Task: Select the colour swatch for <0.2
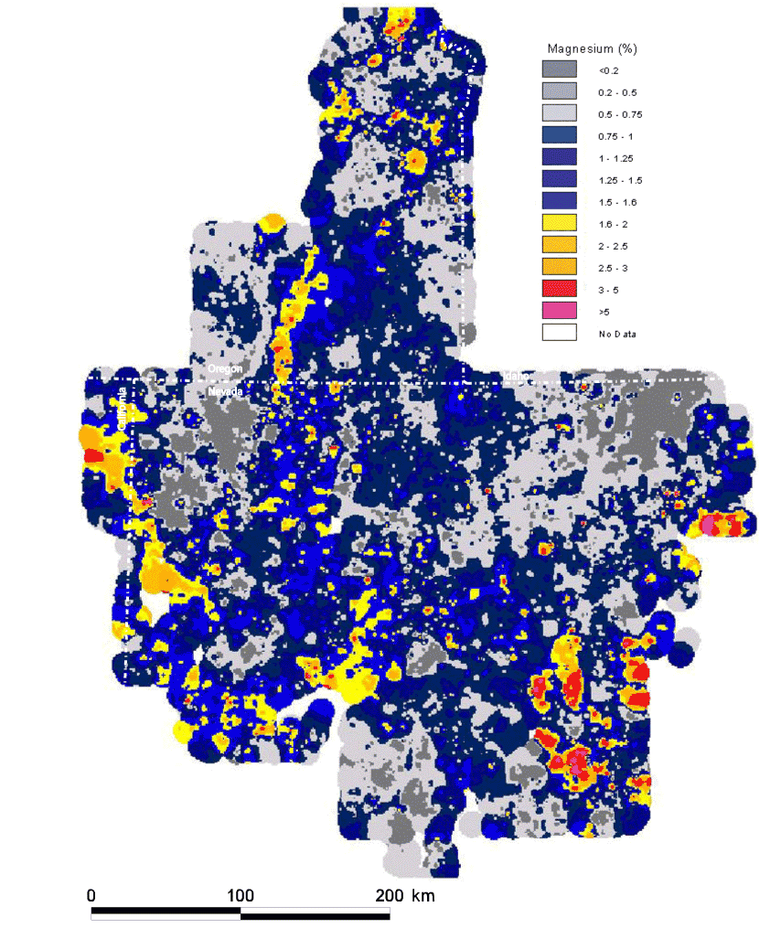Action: pos(557,69)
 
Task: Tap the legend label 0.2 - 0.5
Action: pos(617,91)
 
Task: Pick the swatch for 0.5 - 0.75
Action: pos(557,113)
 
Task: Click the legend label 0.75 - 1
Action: pos(615,135)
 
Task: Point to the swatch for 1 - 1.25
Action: pos(557,157)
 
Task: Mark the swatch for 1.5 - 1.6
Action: pos(557,201)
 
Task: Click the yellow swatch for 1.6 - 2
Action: pos(557,223)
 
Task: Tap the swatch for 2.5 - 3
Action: pos(557,267)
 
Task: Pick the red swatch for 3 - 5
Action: pos(557,289)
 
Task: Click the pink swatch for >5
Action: pos(557,311)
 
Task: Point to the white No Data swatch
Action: pos(557,333)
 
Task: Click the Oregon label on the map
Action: pos(225,368)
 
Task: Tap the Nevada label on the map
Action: pos(226,390)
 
